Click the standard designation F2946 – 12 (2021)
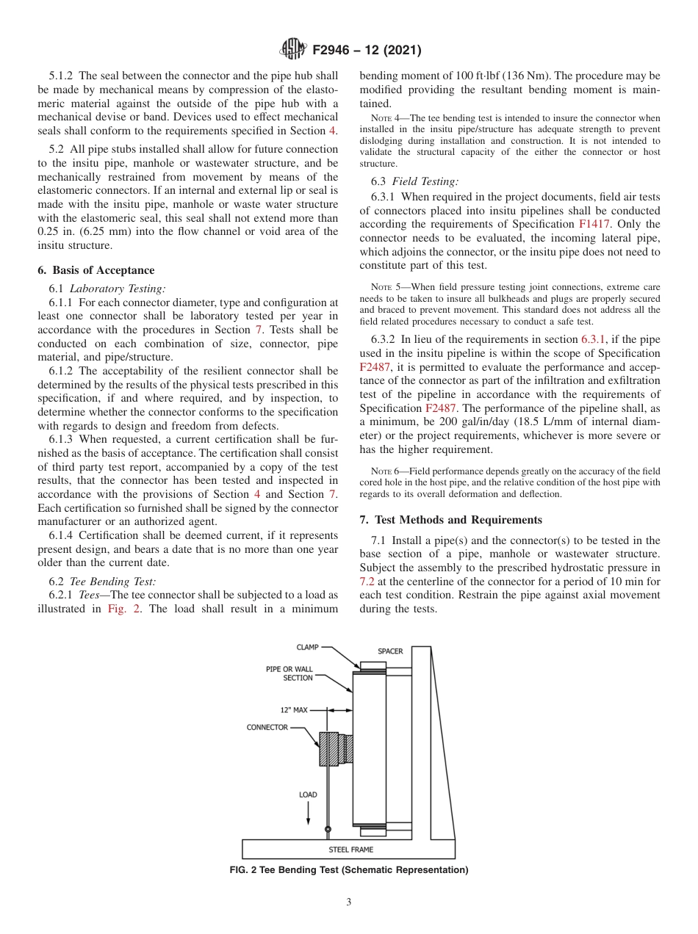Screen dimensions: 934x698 [x=367, y=50]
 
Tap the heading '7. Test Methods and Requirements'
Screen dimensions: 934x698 [x=450, y=520]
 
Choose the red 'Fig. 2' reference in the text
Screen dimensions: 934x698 [x=123, y=609]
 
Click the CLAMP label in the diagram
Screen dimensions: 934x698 [x=307, y=648]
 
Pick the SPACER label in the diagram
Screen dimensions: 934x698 [x=390, y=651]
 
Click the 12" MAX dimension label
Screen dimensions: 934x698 [x=293, y=710]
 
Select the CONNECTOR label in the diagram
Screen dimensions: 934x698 [x=267, y=728]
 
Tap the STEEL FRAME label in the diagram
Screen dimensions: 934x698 [x=350, y=850]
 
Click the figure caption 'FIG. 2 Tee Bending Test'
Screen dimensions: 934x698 [x=348, y=870]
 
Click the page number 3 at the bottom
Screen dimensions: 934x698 [x=349, y=902]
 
